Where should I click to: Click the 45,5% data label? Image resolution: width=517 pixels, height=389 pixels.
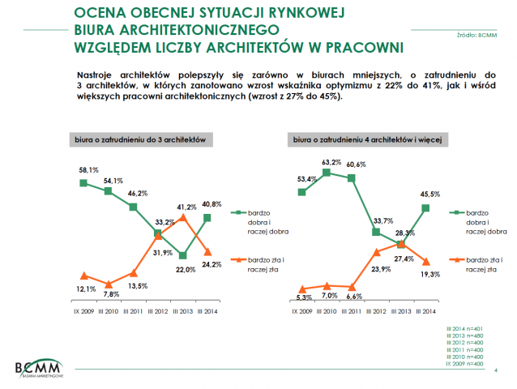click(x=430, y=193)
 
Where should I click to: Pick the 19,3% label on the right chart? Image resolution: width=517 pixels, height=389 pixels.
click(x=431, y=274)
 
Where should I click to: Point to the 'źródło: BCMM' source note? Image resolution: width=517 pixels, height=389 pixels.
click(x=477, y=36)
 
